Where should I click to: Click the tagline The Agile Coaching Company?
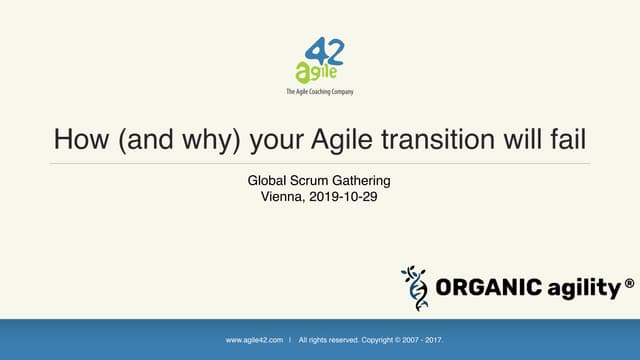point(319,91)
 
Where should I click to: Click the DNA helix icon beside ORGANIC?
point(413,288)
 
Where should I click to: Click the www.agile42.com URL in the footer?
point(254,340)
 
